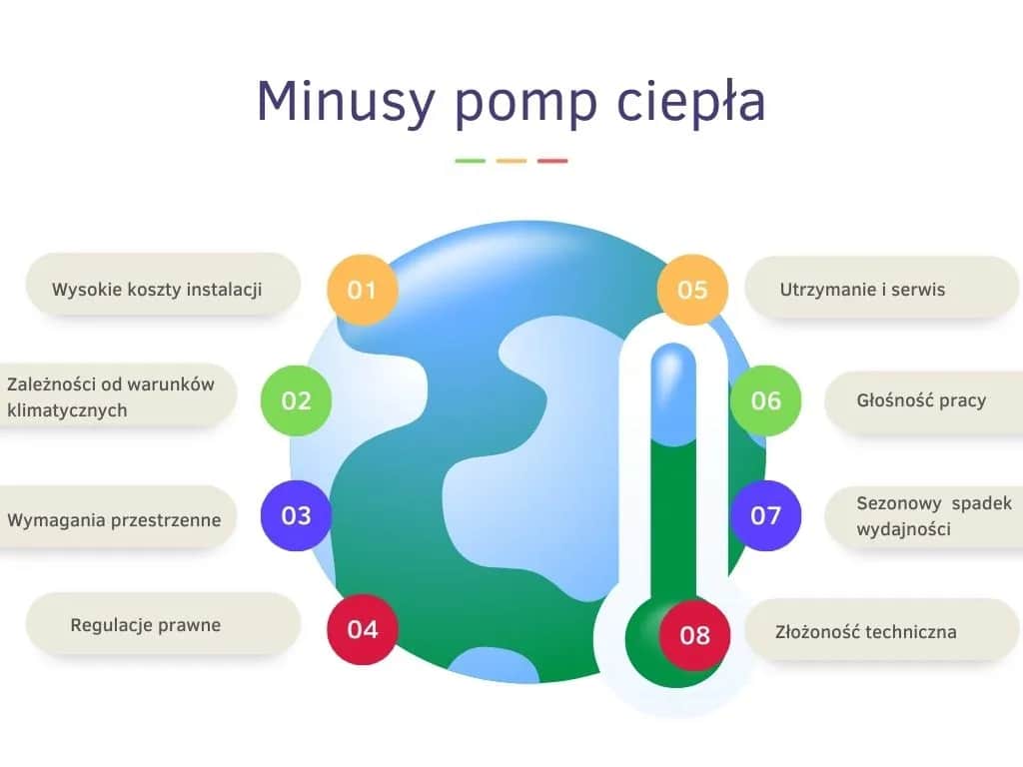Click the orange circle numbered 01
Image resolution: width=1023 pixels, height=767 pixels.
tap(362, 290)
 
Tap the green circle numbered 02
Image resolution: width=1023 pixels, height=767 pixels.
tap(296, 400)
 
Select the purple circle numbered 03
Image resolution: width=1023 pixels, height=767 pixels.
tap(296, 515)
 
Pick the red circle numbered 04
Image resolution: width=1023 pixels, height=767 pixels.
tap(363, 629)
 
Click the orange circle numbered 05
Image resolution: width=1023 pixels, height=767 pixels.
tap(691, 290)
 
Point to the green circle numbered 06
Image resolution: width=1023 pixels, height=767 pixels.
tap(765, 400)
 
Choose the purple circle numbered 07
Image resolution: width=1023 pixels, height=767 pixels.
tap(765, 515)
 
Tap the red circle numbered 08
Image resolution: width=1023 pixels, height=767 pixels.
tap(694, 634)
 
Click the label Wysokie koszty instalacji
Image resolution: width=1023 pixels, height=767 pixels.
tap(157, 290)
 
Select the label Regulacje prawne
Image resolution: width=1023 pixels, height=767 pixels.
tap(145, 625)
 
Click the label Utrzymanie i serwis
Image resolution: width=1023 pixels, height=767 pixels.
tap(862, 290)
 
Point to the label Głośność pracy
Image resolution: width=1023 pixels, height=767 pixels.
tap(921, 400)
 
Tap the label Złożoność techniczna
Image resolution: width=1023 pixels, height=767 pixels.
tap(866, 631)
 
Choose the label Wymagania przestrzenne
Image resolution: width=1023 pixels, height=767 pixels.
tap(114, 519)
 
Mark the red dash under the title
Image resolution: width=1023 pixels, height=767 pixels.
tap(552, 161)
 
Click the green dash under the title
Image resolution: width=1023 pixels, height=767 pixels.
tap(470, 161)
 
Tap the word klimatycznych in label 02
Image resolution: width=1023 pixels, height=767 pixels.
tap(67, 410)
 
